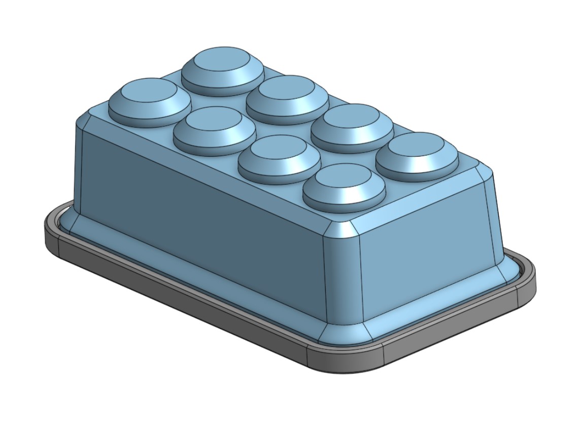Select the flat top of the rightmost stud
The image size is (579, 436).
[x=417, y=149]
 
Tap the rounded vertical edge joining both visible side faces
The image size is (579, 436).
[x=343, y=274]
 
